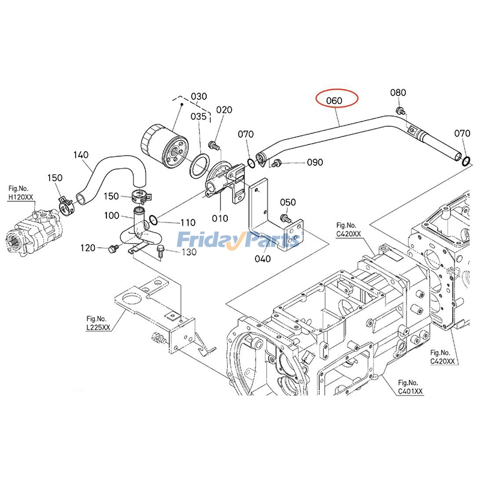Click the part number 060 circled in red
[337, 100]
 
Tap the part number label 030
[198, 97]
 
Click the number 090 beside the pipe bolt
[315, 162]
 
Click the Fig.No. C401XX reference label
[410, 387]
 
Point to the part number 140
[81, 155]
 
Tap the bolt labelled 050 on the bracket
[286, 218]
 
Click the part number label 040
[262, 259]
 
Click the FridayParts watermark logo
[239, 240]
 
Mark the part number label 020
[224, 110]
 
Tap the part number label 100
[112, 215]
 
